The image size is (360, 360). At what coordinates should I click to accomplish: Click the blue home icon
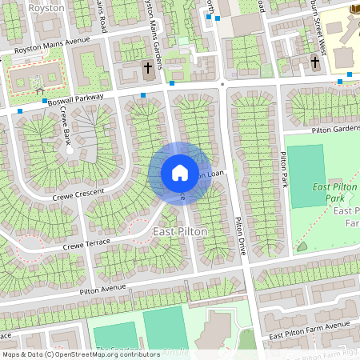[x=179, y=173]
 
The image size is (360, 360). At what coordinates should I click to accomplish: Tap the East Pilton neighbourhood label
[x=180, y=231]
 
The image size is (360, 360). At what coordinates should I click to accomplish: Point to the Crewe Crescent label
[x=79, y=194]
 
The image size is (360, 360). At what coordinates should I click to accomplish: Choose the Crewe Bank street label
[x=55, y=128]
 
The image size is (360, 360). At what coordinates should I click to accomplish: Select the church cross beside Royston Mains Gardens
[x=148, y=68]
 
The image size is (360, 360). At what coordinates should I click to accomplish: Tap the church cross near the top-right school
[x=316, y=62]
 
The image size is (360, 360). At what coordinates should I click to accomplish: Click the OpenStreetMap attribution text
[x=80, y=354]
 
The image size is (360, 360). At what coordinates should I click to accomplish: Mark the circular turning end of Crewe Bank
[x=70, y=150]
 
